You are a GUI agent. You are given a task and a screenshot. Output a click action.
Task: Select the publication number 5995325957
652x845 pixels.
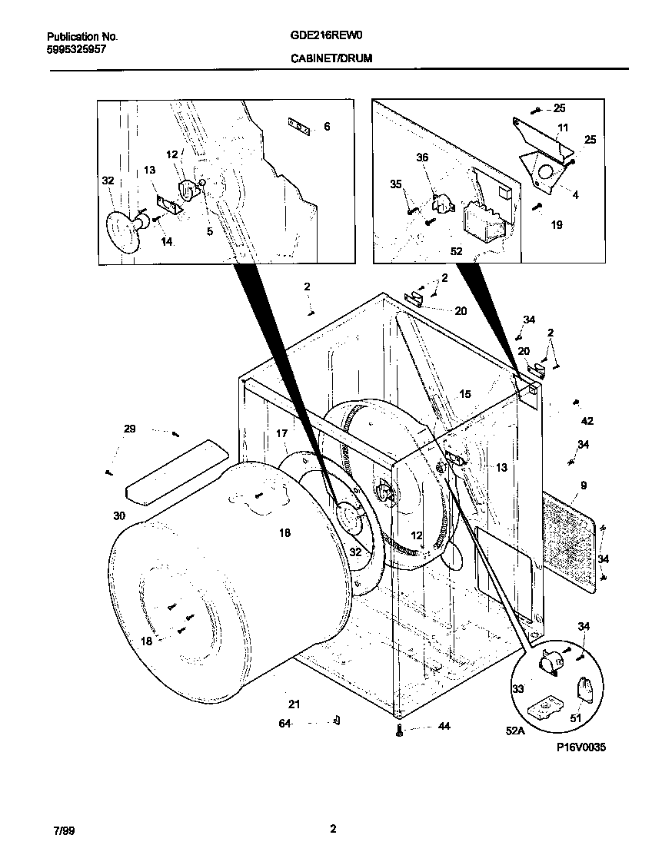tap(76, 48)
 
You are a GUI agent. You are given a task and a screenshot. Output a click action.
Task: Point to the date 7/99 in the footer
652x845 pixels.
tap(64, 830)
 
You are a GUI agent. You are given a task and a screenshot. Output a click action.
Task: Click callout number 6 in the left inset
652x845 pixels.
tap(327, 126)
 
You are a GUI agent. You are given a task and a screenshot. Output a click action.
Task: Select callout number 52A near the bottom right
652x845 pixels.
tap(515, 731)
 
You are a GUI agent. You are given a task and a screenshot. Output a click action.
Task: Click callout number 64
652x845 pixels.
tap(285, 723)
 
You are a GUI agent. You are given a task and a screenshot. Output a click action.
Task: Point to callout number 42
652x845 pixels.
tap(587, 421)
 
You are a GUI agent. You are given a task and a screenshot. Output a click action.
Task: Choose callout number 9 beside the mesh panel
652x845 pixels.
tap(584, 485)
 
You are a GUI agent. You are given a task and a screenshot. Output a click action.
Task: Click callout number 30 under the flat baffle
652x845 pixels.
tap(118, 516)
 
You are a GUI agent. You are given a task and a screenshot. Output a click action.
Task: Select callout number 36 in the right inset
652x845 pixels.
tap(422, 157)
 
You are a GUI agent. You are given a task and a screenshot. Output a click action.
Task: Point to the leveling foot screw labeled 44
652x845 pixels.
tap(399, 731)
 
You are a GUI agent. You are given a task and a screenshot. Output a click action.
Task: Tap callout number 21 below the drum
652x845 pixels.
tap(294, 704)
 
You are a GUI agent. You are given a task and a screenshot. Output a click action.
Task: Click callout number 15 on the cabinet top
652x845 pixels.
tap(465, 394)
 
